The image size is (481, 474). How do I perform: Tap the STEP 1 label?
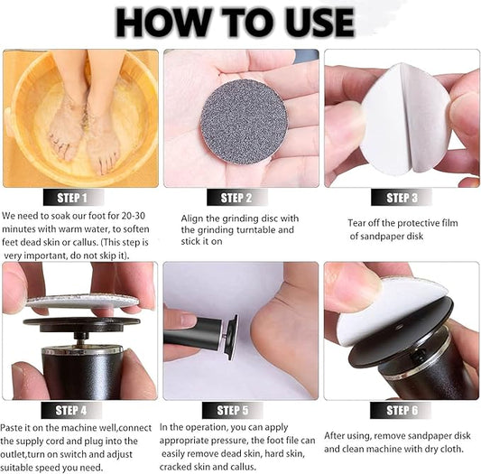coord(73,198)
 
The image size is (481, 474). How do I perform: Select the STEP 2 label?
coord(236,198)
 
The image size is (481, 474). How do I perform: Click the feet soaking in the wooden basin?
coord(81,122)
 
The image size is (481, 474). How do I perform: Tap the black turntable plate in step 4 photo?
coord(81,321)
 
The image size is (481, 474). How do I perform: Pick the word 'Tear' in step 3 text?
coord(357,222)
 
